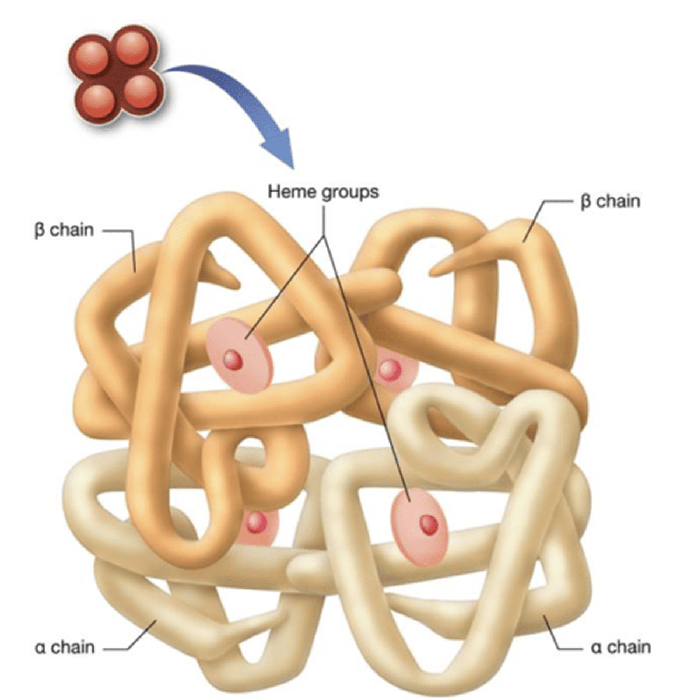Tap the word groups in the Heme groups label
pos(349,192)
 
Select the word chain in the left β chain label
pos(72,230)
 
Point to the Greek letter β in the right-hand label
pos(585,202)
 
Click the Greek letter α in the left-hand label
pos(40,647)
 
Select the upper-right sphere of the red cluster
pos(134,47)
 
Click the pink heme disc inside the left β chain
pos(239,356)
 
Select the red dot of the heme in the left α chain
pos(254,523)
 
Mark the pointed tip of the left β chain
pos(236,284)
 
